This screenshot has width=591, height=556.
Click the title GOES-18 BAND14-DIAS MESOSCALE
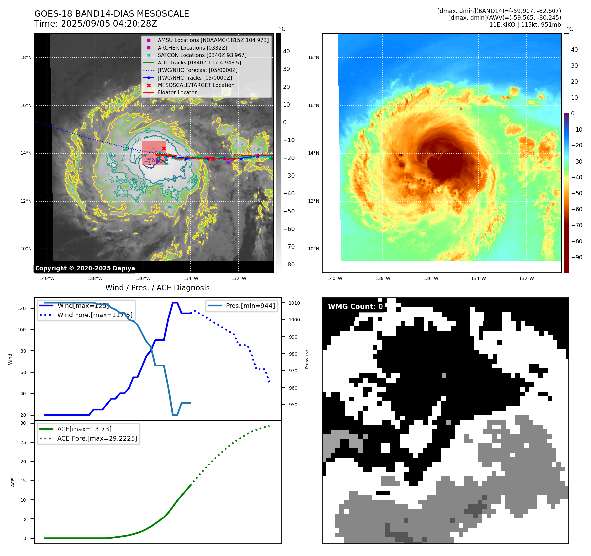[111, 14]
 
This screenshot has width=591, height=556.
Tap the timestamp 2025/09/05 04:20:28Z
[109, 24]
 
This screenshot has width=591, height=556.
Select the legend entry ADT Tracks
[199, 63]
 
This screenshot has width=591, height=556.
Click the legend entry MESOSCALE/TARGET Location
[196, 85]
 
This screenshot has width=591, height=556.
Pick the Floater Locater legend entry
[177, 92]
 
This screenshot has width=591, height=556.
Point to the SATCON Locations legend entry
[202, 55]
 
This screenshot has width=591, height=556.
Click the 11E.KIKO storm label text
[525, 25]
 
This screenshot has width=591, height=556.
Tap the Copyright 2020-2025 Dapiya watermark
[85, 268]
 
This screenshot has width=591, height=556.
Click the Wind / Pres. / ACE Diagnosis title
[157, 288]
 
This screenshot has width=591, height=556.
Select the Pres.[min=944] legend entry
[250, 306]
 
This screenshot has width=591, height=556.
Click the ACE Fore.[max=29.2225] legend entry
[97, 438]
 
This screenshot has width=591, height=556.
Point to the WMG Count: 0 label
[355, 306]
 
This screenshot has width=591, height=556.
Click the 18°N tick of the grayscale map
[26, 58]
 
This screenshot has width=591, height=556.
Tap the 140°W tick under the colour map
[334, 278]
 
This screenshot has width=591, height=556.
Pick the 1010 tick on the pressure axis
[294, 303]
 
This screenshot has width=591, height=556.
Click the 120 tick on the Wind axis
[21, 308]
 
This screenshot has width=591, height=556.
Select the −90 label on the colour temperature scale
[577, 257]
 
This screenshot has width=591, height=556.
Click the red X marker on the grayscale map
[164, 148]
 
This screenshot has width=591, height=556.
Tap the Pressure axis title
[307, 359]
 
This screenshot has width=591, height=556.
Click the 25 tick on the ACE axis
[23, 442]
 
